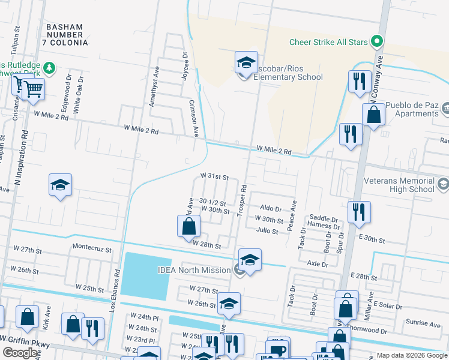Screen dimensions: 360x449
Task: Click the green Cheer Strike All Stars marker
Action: (377, 42)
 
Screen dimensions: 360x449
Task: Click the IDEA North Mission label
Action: (194, 270)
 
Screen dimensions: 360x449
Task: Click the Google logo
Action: (21, 353)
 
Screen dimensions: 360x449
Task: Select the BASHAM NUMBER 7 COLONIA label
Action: (73, 35)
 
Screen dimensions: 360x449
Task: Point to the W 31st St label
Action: (215, 178)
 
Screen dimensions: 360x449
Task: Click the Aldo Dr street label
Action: (271, 209)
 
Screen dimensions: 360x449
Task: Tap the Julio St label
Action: (267, 231)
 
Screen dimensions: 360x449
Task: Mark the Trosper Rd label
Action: (243, 200)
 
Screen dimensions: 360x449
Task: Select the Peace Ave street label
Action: (294, 214)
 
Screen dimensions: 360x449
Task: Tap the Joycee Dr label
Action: (184, 62)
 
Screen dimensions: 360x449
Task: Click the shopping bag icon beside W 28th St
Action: (188, 227)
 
